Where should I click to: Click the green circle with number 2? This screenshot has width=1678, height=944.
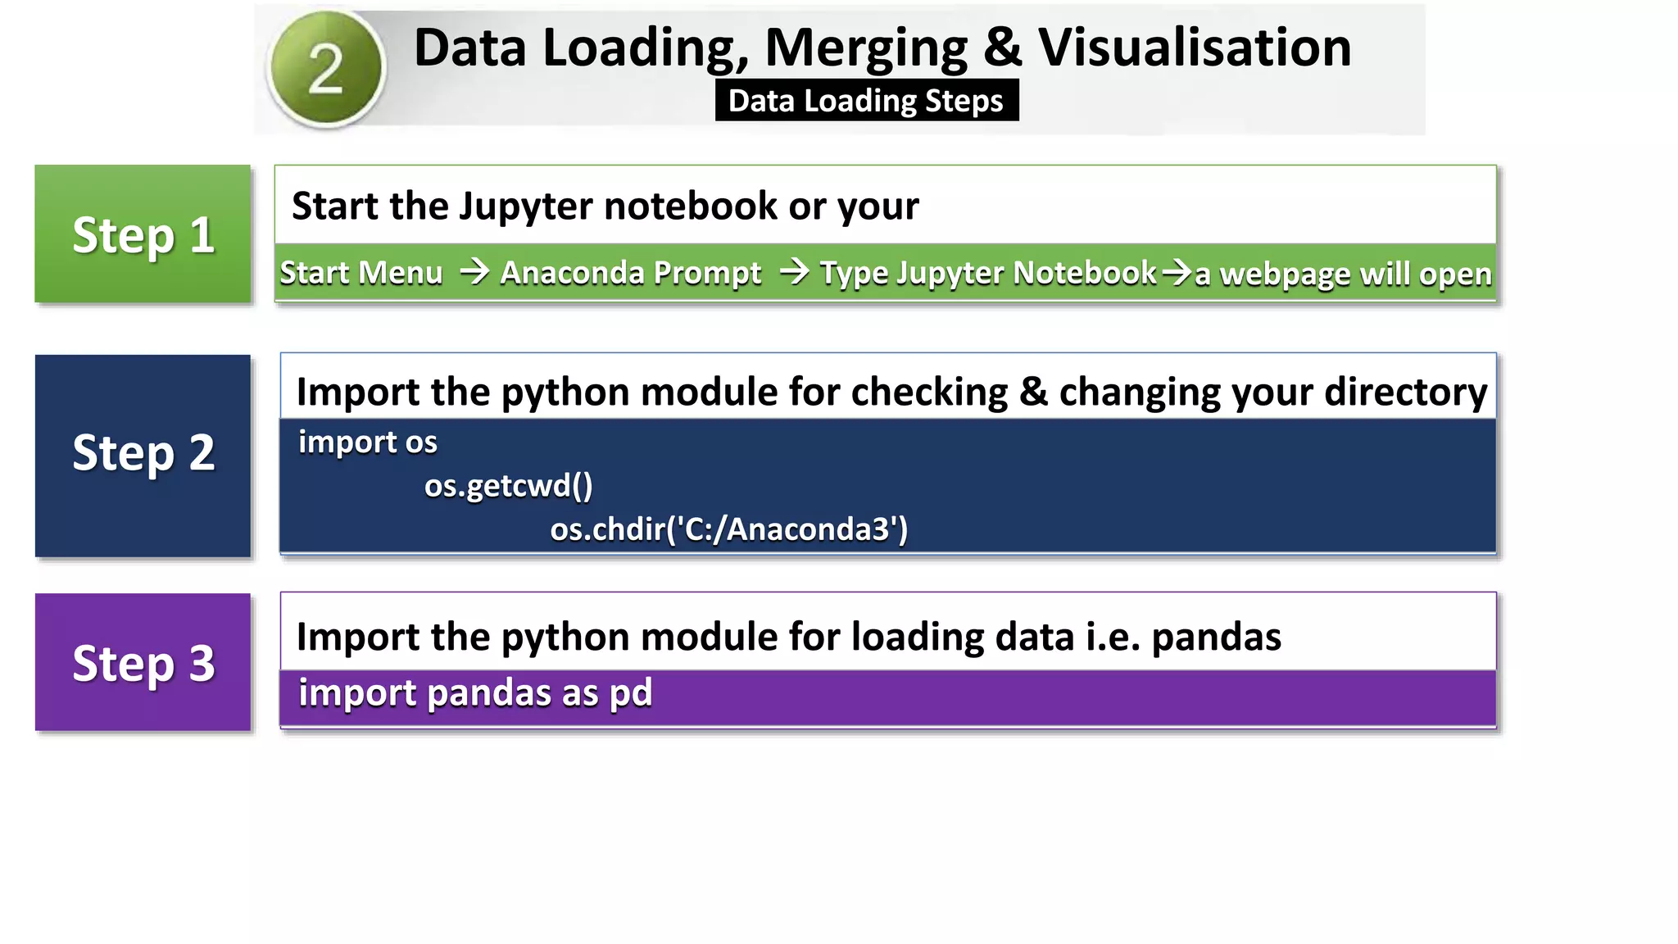point(326,69)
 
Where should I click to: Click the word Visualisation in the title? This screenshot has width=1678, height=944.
point(1195,48)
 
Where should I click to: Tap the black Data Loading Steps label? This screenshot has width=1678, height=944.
point(866,101)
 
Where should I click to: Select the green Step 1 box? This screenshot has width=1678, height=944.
point(143,234)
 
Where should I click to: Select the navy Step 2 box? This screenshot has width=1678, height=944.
point(143,456)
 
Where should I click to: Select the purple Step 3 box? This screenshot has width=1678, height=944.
point(143,662)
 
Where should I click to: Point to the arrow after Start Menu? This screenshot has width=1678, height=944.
point(474,271)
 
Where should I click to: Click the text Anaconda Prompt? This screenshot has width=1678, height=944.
point(630,273)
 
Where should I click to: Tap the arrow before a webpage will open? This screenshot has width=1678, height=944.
point(1177,271)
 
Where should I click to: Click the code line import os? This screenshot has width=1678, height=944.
point(367,442)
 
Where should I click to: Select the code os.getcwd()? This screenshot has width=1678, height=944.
point(508,486)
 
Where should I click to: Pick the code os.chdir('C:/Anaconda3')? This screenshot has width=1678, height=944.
point(728,529)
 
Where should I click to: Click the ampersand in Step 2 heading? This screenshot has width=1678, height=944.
point(1033,392)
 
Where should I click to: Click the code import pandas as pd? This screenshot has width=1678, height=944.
point(475,693)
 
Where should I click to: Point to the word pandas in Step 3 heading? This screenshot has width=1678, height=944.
point(1216,638)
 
